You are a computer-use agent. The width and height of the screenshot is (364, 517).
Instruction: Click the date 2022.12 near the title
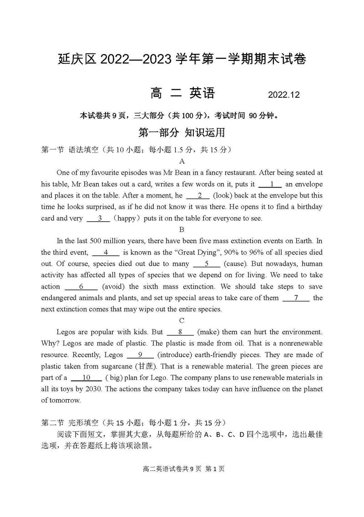(284, 95)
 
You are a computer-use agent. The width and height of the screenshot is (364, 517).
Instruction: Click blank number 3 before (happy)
(98, 218)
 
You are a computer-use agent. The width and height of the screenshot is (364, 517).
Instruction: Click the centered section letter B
(182, 229)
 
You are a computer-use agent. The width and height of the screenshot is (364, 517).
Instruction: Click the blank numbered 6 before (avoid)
(81, 287)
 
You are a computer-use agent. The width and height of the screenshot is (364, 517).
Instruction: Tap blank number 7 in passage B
(296, 298)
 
